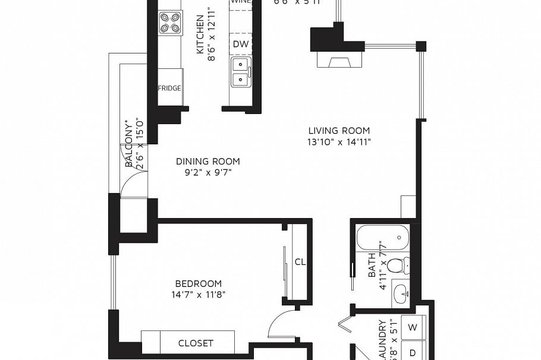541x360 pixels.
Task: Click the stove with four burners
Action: pyautogui.click(x=170, y=23)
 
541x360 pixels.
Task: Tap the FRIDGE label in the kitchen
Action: pyautogui.click(x=169, y=89)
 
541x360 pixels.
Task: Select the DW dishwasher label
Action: pyautogui.click(x=241, y=44)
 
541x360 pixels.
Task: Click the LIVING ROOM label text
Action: pyautogui.click(x=339, y=131)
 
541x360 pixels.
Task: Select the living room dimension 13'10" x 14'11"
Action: pyautogui.click(x=339, y=142)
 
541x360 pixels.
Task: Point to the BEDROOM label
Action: pyautogui.click(x=199, y=283)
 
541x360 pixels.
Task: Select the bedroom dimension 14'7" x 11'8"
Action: pyautogui.click(x=199, y=294)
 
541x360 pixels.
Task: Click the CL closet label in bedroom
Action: pyautogui.click(x=300, y=262)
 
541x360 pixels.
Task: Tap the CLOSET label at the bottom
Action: pyautogui.click(x=196, y=343)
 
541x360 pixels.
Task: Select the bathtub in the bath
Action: pyautogui.click(x=383, y=238)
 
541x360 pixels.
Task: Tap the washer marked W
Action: pyautogui.click(x=413, y=327)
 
